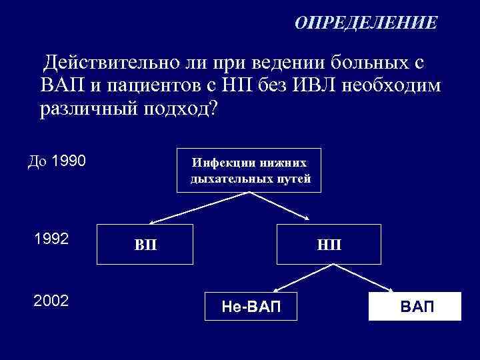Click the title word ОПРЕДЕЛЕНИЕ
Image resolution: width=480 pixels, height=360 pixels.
point(366,23)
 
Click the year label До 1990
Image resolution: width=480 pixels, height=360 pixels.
point(56,161)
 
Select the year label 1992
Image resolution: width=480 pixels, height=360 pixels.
point(51,239)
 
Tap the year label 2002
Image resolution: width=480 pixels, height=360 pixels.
point(51,301)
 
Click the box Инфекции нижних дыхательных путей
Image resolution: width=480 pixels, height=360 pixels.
point(249,170)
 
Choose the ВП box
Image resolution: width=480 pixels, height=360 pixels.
point(145,244)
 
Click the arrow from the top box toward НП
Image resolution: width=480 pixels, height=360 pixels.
point(280,207)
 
